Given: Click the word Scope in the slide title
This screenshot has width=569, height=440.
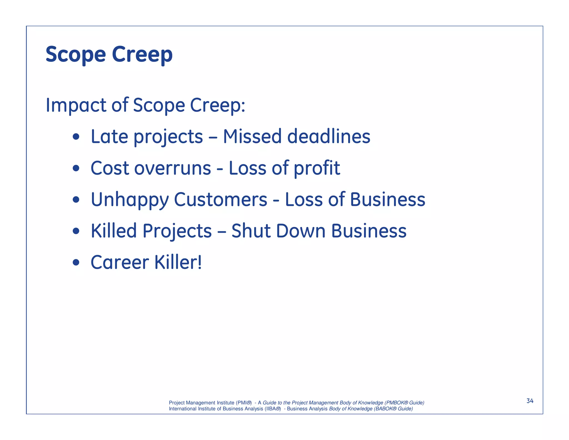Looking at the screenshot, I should point(76,55).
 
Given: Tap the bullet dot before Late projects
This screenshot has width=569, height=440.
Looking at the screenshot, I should point(76,137).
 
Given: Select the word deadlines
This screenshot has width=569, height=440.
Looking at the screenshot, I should point(329,137).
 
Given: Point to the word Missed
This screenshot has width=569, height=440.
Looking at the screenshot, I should point(252,137).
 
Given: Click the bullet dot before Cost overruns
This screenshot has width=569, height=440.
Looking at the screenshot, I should point(76,168).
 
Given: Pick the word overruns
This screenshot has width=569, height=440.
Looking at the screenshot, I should point(173,168).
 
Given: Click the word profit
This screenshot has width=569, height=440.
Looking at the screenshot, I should point(317,169).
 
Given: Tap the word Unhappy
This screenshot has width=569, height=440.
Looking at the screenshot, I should point(130,200).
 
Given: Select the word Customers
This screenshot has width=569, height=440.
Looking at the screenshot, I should point(221,200).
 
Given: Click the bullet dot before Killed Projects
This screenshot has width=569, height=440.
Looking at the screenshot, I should point(76,231).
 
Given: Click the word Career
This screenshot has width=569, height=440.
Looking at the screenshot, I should point(120,262).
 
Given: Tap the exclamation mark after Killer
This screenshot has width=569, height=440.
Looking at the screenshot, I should point(199,262).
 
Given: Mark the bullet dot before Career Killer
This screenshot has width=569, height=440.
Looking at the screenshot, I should point(76,262).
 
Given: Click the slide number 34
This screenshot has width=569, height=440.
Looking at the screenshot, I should point(530,401).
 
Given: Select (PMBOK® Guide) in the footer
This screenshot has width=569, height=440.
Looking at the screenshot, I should point(404,403).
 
